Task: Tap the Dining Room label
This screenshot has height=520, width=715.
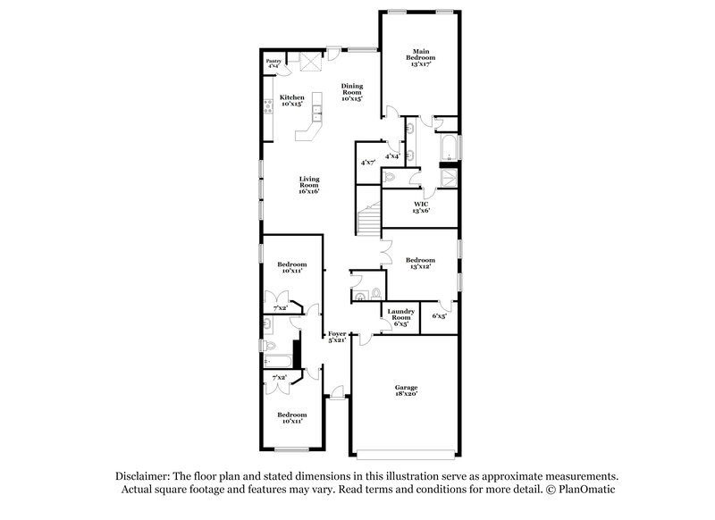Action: click(351, 91)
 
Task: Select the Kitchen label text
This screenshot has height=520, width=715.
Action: click(292, 97)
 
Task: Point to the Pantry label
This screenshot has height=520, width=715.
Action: click(273, 61)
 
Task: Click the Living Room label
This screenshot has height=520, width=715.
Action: click(308, 183)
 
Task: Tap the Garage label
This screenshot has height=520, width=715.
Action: click(407, 387)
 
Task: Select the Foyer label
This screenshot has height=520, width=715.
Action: click(336, 333)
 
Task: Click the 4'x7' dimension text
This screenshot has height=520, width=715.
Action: click(367, 163)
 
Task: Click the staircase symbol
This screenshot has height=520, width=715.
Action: click(366, 218)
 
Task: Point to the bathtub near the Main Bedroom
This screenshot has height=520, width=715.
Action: click(448, 147)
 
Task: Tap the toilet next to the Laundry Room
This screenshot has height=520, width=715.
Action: click(375, 292)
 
